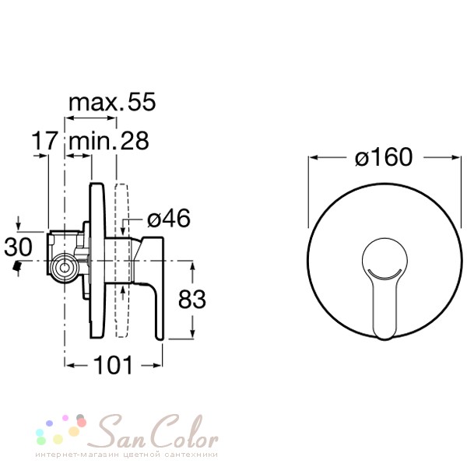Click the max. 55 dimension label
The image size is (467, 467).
coord(112,102)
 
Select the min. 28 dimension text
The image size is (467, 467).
coord(109,141)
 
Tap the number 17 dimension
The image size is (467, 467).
coord(44,140)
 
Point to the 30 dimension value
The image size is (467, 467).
coord(18,247)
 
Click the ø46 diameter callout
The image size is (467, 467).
coord(169,218)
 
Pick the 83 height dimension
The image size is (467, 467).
coord(191,299)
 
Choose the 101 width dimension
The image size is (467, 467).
coord(113,365)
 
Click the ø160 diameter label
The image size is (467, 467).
coord(384,157)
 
